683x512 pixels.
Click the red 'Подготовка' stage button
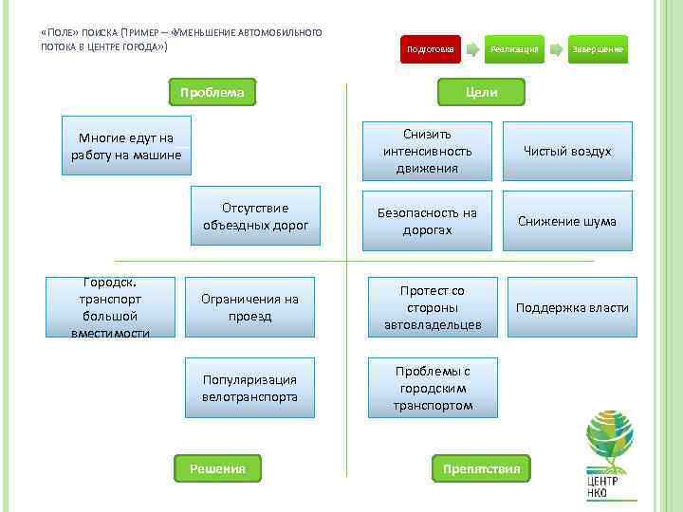click(x=430, y=49)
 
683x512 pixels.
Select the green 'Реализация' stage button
click(x=515, y=49)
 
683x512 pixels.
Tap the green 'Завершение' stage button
click(x=598, y=49)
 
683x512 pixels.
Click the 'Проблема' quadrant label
click(x=212, y=93)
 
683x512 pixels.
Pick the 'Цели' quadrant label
click(x=481, y=93)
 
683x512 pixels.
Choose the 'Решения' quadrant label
click(x=217, y=467)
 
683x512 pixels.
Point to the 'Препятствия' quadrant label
click(x=481, y=467)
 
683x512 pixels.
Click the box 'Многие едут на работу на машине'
click(x=126, y=146)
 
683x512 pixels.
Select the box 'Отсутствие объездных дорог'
click(x=255, y=215)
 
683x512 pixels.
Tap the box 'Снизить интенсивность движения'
click(x=427, y=151)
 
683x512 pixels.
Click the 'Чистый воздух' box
click(x=567, y=151)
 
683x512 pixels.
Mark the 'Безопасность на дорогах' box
click(x=427, y=221)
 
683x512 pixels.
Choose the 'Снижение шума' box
click(x=567, y=221)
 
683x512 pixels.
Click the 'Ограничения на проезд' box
click(x=249, y=306)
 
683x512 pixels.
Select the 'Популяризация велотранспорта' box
click(x=249, y=388)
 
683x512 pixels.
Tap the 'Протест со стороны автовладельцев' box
click(x=433, y=306)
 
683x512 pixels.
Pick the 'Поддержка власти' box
click(x=572, y=306)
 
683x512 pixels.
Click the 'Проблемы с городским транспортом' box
click(x=433, y=388)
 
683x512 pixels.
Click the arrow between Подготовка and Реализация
click(x=472, y=49)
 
